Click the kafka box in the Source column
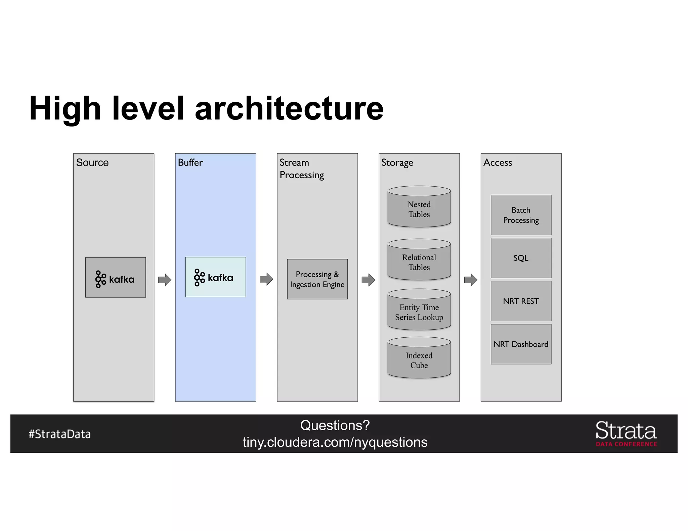coord(115,277)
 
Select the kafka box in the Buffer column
coord(215,277)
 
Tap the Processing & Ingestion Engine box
coord(317,279)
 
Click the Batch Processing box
coord(521,215)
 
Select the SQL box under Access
coord(521,258)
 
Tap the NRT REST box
coord(521,301)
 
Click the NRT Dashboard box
coord(521,344)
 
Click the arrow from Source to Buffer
coord(165,280)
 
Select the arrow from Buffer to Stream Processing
coord(266,279)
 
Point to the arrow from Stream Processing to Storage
coord(368,280)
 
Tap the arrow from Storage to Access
coord(471,280)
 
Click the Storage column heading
coord(397,163)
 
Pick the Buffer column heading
coord(190,162)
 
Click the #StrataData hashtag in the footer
coord(59,434)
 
